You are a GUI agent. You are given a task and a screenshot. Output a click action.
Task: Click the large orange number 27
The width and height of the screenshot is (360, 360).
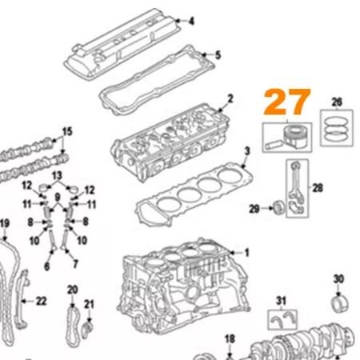(x=287, y=102)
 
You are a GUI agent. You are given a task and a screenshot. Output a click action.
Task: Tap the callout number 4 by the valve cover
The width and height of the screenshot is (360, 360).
(x=191, y=21)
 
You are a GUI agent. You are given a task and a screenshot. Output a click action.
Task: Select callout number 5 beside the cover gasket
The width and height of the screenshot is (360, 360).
(x=218, y=55)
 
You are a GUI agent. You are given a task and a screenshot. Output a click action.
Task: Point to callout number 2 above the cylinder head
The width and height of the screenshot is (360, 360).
(x=230, y=98)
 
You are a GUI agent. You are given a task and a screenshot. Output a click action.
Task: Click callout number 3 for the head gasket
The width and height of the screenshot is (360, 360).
(x=247, y=151)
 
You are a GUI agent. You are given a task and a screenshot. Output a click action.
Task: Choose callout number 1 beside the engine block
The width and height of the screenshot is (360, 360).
(x=246, y=253)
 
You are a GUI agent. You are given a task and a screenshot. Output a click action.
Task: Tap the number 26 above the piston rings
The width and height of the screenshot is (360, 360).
(x=337, y=102)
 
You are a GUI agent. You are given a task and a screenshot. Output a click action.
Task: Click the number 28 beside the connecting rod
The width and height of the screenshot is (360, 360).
(x=318, y=188)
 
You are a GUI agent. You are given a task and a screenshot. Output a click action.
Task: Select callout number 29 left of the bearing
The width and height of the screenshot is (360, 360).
(x=254, y=209)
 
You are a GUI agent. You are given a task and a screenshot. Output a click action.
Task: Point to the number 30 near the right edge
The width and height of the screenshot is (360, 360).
(x=338, y=279)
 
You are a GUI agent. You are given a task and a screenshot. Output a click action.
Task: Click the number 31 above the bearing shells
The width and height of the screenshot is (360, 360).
(x=281, y=301)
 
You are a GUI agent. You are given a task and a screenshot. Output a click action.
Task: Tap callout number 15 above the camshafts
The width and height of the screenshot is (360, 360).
(x=67, y=131)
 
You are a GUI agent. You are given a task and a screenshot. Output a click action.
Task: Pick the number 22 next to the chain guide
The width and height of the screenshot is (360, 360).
(x=42, y=302)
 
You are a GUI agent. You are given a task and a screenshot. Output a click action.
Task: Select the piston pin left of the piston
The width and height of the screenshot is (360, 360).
(x=273, y=145)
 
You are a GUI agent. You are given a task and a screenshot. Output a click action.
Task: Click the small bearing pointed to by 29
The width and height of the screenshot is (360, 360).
(x=279, y=208)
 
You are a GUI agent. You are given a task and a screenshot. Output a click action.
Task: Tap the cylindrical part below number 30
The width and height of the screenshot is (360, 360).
(x=341, y=304)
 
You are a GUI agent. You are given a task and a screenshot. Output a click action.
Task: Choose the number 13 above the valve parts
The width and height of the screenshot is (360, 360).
(x=57, y=176)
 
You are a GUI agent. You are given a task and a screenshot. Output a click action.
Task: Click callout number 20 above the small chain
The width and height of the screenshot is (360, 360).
(x=73, y=290)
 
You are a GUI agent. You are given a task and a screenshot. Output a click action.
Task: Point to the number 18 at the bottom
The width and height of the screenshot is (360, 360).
(x=230, y=339)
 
